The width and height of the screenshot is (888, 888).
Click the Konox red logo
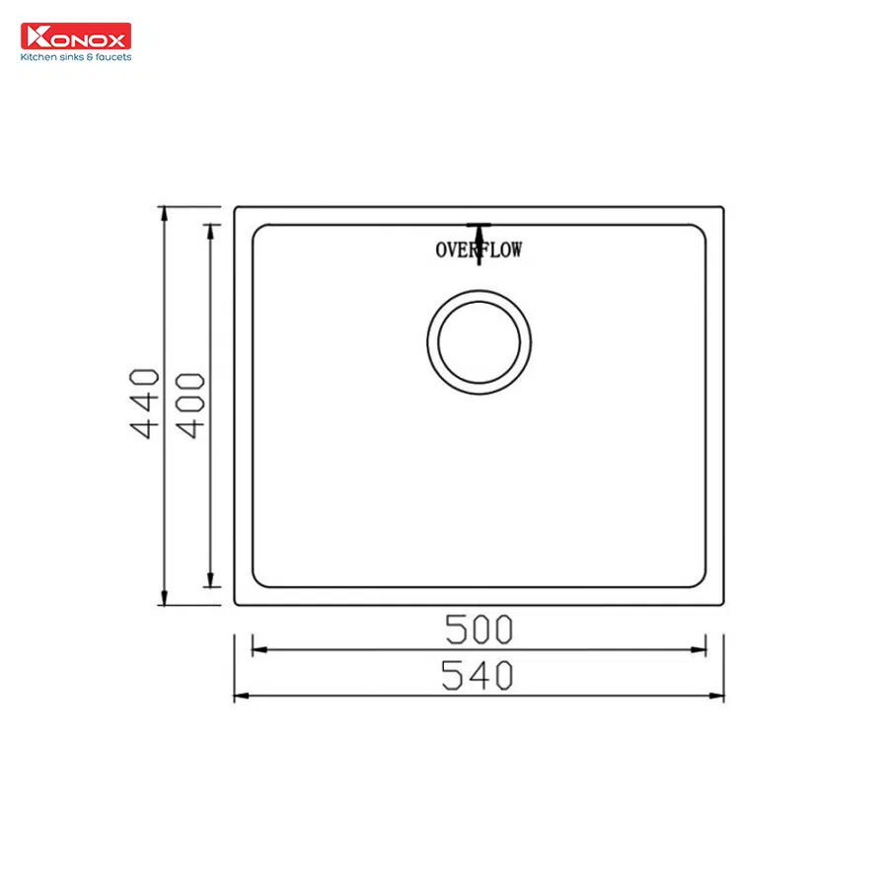coord(75,37)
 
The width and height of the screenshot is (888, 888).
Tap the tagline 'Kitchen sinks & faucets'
coord(76,57)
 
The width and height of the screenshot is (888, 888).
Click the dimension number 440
coord(144,403)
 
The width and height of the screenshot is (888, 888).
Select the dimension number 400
coord(190,405)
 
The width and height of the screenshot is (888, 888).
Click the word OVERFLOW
coord(479,250)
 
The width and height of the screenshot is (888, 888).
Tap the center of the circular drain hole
coord(479,340)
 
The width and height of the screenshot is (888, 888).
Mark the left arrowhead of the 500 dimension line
coord(259,649)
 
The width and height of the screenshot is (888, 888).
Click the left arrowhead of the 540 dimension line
coord(240,697)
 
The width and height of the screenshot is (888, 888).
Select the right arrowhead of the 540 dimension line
coord(718,697)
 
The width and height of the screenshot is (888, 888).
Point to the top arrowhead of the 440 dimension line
coord(164,213)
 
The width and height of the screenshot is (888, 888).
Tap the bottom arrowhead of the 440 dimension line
coord(164,599)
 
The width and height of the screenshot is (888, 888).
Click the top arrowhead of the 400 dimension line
coord(209,231)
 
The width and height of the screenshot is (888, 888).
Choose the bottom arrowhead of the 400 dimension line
coord(209,581)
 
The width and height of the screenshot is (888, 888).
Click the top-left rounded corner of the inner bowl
coord(258,231)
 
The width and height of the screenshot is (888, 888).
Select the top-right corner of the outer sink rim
coord(722,208)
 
